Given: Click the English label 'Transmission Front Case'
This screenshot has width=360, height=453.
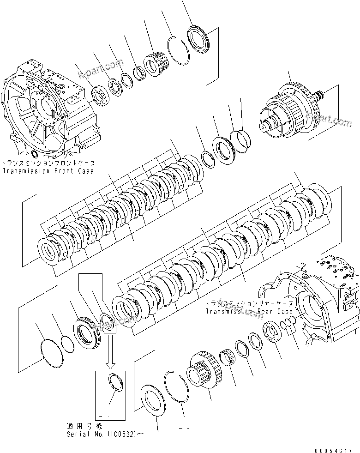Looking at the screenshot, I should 48,171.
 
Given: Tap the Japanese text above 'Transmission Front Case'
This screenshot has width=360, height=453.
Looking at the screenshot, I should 48,163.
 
